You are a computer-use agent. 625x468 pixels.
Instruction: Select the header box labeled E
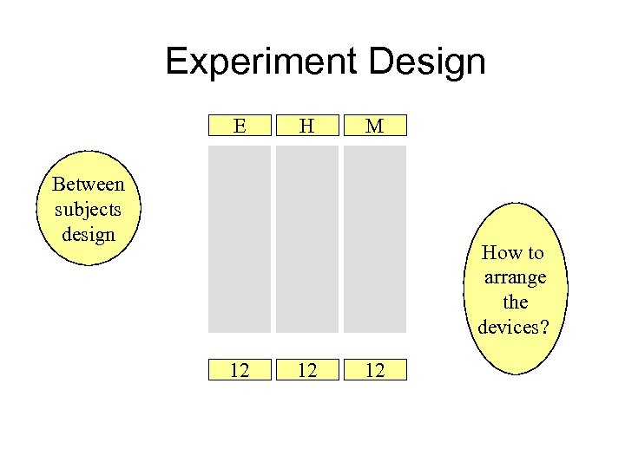pyautogui.click(x=240, y=126)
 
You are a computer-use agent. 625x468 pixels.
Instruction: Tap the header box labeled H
pyautogui.click(x=306, y=126)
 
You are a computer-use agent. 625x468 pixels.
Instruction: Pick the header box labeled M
pyautogui.click(x=374, y=126)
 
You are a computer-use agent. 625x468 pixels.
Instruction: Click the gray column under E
pyautogui.click(x=240, y=238)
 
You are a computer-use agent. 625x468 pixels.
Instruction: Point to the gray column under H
pyautogui.click(x=306, y=238)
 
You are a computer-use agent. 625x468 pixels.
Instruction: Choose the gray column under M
pyautogui.click(x=374, y=238)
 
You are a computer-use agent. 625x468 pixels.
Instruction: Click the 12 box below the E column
pyautogui.click(x=240, y=371)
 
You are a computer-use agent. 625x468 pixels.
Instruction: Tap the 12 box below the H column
pyautogui.click(x=306, y=371)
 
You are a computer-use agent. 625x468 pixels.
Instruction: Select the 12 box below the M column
pyautogui.click(x=374, y=371)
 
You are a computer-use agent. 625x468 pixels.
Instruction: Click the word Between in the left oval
pyautogui.click(x=88, y=184)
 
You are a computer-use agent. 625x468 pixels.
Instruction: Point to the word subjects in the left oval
pyautogui.click(x=88, y=209)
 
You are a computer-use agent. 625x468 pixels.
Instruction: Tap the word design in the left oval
pyautogui.click(x=88, y=233)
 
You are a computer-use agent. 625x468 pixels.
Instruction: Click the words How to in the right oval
pyautogui.click(x=513, y=253)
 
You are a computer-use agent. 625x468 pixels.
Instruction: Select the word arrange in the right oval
pyautogui.click(x=515, y=277)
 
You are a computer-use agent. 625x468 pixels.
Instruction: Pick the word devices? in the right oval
pyautogui.click(x=515, y=327)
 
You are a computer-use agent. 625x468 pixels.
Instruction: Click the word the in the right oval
pyautogui.click(x=516, y=302)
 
